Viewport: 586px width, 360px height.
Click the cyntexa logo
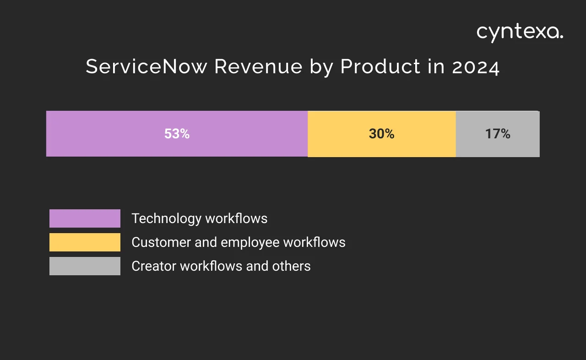coord(520,33)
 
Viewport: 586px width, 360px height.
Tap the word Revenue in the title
coord(258,67)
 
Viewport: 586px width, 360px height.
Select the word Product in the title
coord(380,67)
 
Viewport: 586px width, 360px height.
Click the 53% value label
coord(177,134)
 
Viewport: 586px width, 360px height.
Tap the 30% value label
coord(381,134)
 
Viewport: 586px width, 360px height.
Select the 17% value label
coord(498,134)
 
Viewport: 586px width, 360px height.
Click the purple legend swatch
coord(85,218)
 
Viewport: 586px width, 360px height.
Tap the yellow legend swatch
coord(85,242)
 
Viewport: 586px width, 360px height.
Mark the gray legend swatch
coord(85,266)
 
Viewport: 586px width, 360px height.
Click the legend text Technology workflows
coord(199,218)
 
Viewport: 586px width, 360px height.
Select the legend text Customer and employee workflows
coord(238,242)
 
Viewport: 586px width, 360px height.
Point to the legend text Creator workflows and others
coord(221,266)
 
